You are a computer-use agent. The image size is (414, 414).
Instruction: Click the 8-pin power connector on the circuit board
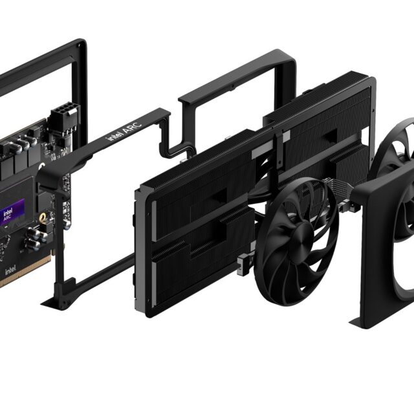(64, 117)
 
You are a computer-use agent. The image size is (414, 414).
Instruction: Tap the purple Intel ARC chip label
(12, 212)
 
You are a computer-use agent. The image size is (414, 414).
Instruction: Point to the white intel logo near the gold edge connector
(10, 270)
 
